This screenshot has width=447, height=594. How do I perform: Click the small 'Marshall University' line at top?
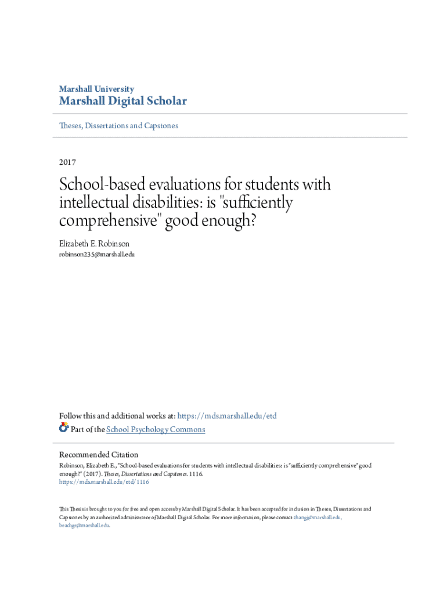coord(96,89)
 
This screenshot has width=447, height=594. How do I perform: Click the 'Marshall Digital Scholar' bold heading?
coord(123,102)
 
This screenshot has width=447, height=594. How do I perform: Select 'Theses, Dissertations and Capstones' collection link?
coord(119,125)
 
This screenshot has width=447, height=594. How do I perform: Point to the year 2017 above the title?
coord(67,162)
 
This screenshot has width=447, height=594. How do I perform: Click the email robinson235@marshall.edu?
coord(97,255)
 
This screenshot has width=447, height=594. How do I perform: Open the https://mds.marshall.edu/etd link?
coord(226,416)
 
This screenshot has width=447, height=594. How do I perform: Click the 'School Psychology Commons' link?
coord(155,429)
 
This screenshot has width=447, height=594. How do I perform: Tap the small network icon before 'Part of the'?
coord(64,429)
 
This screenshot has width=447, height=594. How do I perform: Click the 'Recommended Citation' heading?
coord(99,455)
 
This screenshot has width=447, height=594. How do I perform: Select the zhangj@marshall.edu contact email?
coord(317,517)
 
